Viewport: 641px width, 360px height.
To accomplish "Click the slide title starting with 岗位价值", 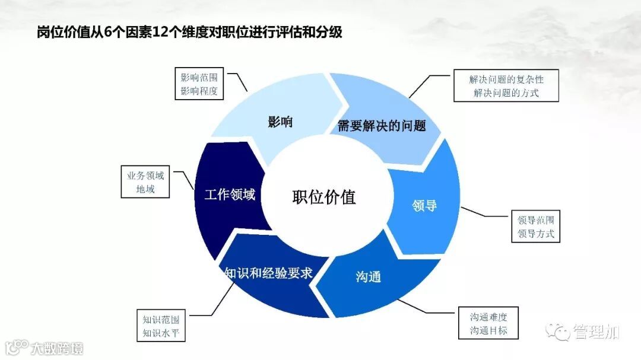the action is [x=190, y=32].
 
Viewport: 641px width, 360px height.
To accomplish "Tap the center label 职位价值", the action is [x=324, y=197].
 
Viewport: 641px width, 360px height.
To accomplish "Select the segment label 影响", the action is [x=280, y=122].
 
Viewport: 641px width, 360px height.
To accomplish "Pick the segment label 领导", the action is [x=424, y=206].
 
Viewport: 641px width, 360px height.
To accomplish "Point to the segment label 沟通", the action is [x=368, y=276].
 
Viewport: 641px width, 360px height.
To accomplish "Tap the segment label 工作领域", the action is [x=230, y=195].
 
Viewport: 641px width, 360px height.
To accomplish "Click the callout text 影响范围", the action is [x=199, y=78].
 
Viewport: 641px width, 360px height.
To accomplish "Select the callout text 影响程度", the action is [x=199, y=92].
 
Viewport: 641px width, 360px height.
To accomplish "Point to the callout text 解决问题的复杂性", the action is [x=506, y=79].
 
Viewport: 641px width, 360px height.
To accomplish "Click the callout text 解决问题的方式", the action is [x=506, y=93].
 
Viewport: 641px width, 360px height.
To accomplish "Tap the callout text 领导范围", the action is [x=535, y=219].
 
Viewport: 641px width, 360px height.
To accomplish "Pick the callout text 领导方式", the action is [x=535, y=234].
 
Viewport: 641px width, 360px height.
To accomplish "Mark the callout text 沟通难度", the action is [x=488, y=317].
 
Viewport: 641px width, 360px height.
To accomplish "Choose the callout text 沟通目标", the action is [x=488, y=330].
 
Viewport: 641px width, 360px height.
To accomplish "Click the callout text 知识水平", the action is [x=160, y=333].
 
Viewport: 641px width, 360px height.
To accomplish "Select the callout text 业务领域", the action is [x=145, y=176].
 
